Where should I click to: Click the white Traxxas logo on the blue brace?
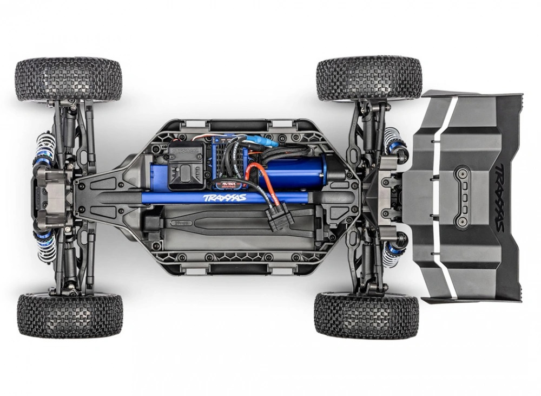point(225,198)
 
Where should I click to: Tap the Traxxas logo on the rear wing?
point(499,198)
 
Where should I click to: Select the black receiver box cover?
point(186,165)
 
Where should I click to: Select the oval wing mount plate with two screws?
point(461,198)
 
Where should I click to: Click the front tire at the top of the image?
point(68,80)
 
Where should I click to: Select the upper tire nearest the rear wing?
point(368,79)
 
